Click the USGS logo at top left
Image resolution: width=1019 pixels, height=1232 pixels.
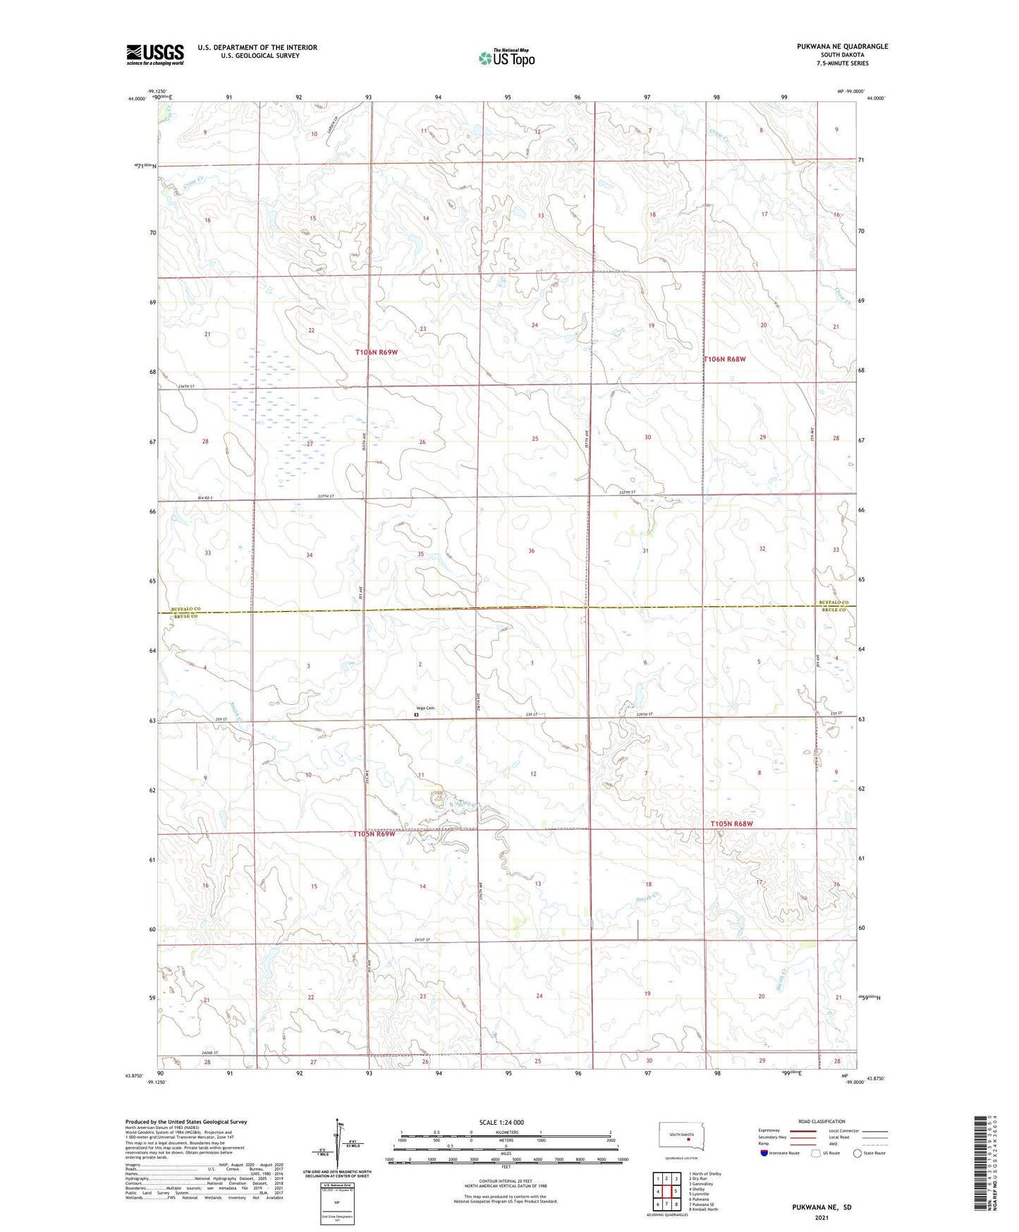coord(154,54)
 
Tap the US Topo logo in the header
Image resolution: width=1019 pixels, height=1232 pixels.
coord(506,58)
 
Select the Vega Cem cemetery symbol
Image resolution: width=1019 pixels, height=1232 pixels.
coord(416,715)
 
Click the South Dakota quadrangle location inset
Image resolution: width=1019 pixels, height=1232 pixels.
coord(681,1138)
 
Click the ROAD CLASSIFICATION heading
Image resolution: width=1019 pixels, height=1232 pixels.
coord(822,1122)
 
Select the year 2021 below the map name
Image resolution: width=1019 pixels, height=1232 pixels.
coord(822,1218)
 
